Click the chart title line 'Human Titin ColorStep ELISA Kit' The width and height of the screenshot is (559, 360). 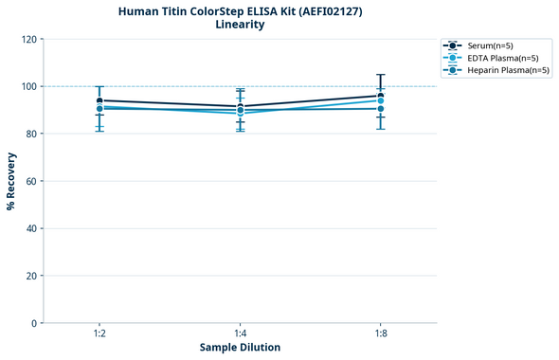(240, 11)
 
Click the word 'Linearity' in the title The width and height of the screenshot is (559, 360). (240, 25)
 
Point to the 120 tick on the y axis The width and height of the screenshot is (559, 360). (28, 39)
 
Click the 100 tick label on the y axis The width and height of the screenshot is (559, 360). (28, 86)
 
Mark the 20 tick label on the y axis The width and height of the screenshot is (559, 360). (31, 276)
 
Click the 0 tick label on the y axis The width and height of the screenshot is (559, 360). (34, 323)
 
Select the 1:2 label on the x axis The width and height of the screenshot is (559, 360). (99, 334)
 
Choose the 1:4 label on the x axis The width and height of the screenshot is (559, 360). (240, 334)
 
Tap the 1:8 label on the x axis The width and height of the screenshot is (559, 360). (381, 334)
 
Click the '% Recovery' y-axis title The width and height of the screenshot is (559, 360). (11, 181)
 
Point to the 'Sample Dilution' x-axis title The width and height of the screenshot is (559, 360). (240, 348)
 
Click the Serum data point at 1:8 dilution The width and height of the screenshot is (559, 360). (381, 96)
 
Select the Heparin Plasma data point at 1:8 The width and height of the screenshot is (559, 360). (381, 109)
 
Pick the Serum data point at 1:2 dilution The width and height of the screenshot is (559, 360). (99, 100)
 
